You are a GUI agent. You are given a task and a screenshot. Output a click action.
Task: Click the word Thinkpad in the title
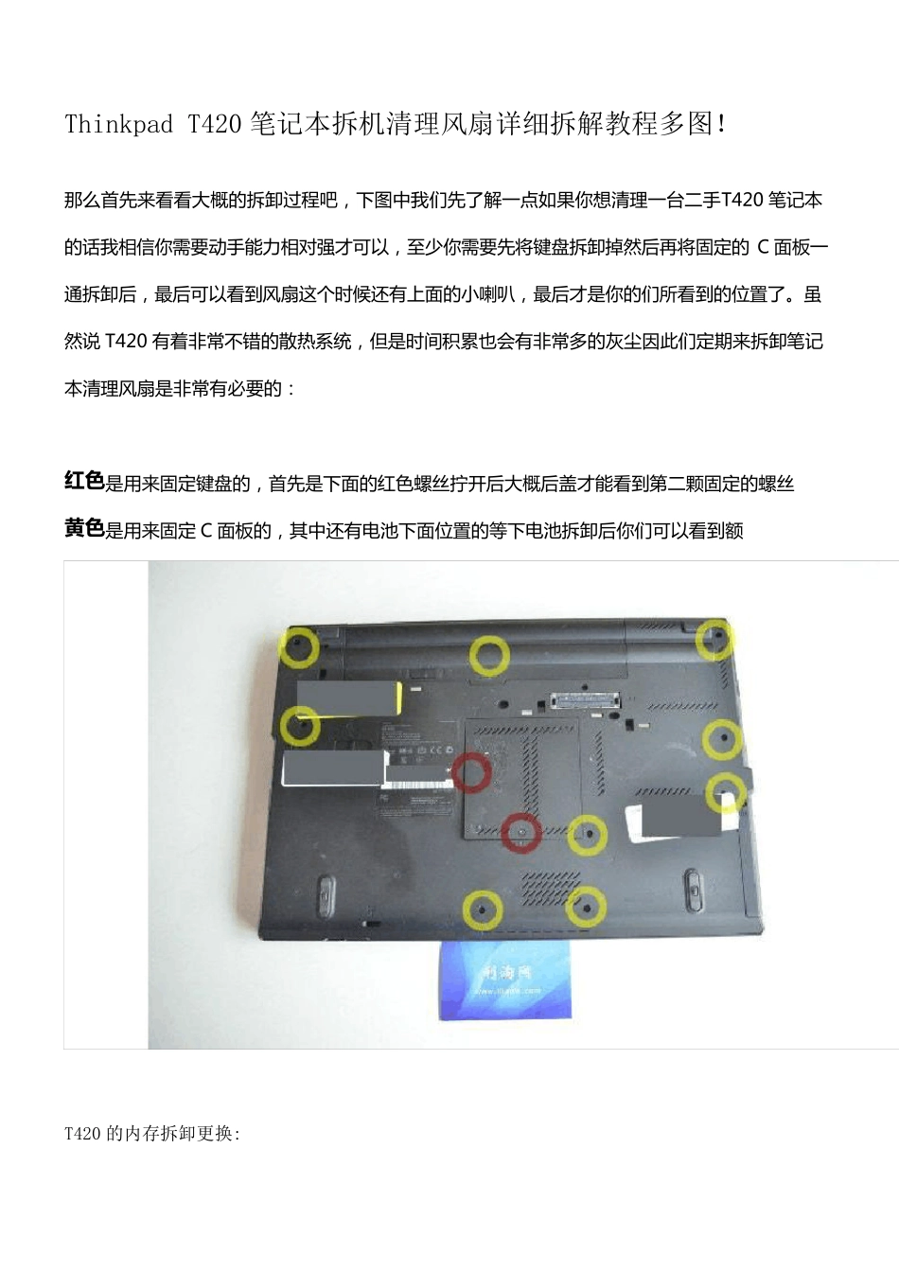(118, 124)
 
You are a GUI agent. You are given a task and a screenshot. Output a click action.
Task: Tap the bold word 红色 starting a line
(84, 482)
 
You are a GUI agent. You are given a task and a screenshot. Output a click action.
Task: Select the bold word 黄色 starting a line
(84, 529)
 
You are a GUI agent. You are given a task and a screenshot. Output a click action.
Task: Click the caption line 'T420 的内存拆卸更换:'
(152, 1133)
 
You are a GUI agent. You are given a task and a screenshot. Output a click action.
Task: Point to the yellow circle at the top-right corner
(715, 639)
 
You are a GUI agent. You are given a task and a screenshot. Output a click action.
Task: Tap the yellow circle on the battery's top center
(489, 655)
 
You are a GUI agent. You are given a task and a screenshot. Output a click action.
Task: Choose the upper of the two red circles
(470, 773)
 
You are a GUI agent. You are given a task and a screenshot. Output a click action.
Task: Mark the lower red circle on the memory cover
(520, 833)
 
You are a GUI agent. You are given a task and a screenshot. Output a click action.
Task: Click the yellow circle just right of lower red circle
(588, 835)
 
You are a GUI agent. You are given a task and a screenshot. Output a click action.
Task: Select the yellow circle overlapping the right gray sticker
(727, 792)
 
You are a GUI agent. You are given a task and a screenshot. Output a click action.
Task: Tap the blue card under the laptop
(505, 980)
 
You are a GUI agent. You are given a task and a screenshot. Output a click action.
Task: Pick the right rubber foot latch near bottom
(692, 889)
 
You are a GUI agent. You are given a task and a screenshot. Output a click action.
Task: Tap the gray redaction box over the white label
(333, 768)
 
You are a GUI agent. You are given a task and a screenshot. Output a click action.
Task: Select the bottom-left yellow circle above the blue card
(483, 910)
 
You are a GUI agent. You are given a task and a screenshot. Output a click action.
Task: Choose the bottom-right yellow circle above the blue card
(586, 908)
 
